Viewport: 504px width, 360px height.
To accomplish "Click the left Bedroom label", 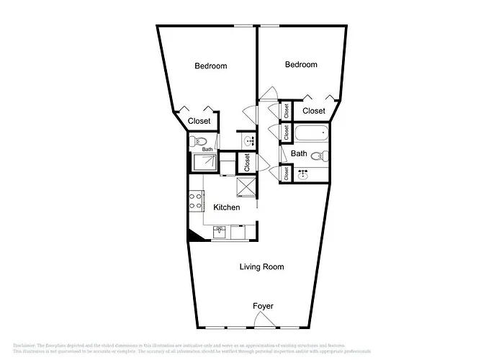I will tap(211, 66).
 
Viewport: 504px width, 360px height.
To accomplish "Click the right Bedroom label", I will tap(301, 65).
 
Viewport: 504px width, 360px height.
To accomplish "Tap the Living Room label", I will tap(261, 267).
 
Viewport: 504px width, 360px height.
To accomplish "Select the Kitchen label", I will tap(227, 207).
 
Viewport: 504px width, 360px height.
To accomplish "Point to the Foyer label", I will tap(263, 306).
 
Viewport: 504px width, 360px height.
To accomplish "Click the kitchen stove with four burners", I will tap(195, 201).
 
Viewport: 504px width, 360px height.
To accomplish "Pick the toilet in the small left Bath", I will tap(201, 141).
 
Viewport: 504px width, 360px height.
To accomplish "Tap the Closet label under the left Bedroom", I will tap(199, 121).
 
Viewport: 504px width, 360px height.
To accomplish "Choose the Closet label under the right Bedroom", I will tap(313, 111).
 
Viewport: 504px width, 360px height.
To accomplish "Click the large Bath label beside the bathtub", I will tap(299, 153).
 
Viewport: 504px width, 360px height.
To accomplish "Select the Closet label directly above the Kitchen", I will tap(247, 162).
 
